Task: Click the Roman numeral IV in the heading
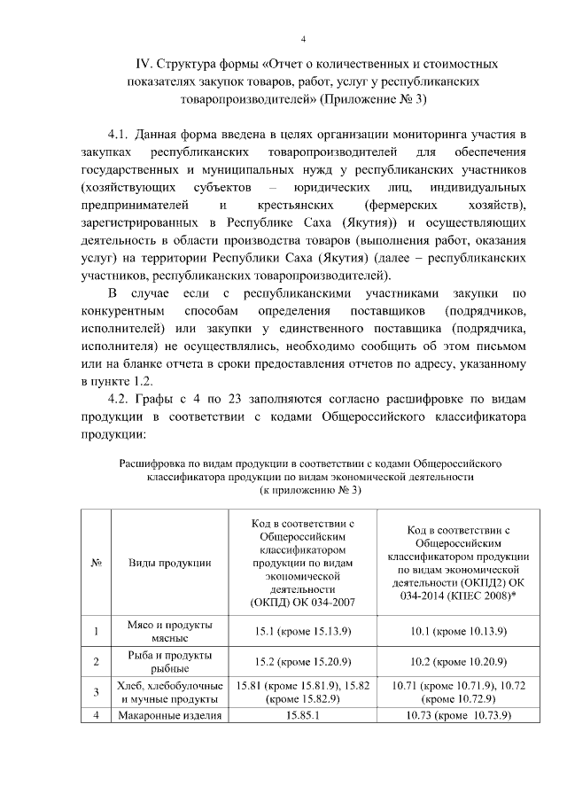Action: coord(144,65)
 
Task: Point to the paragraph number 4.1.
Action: coord(120,136)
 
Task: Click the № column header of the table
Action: coord(96,562)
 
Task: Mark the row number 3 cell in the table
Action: coord(96,691)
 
